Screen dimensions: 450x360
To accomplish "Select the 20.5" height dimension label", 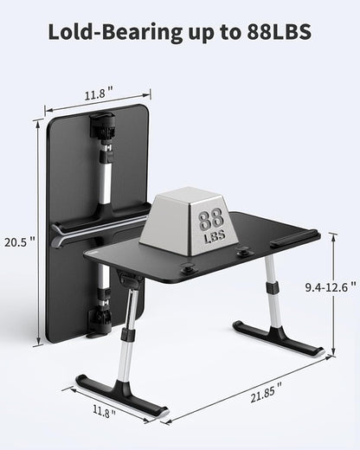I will pyautogui.click(x=19, y=242).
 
